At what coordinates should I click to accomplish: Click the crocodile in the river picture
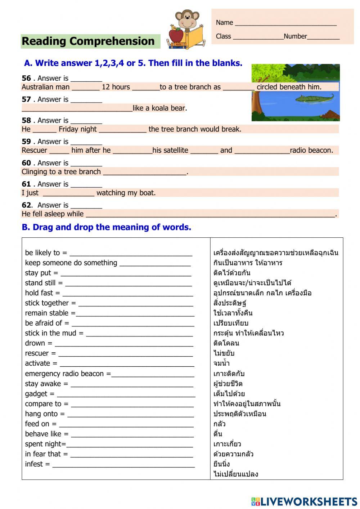pos(314,98)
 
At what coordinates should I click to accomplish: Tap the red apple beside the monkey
pos(176,35)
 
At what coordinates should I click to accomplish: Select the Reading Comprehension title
pos(88,41)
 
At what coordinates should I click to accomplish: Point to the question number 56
pos(26,78)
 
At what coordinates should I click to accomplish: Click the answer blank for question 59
pos(86,142)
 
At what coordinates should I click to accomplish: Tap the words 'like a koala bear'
pos(159,108)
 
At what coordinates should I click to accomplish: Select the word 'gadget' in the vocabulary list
pos(36,394)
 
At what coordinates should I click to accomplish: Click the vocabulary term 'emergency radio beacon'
pos(64,374)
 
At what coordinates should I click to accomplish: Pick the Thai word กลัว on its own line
pos(220,424)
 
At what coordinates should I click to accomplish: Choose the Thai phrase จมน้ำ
pos(221,363)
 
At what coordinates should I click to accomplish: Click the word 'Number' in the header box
pos(295,36)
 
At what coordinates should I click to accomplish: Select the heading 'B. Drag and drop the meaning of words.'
pos(107,227)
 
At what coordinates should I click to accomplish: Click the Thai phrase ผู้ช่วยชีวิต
pos(228,384)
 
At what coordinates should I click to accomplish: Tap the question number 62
pos(26,205)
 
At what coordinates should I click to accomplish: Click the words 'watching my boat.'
pos(126,193)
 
